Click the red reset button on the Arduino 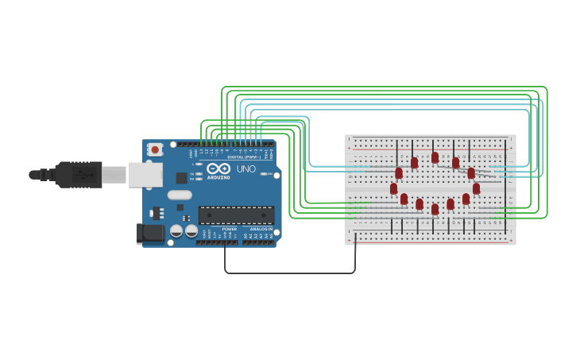pyautogui.click(x=155, y=149)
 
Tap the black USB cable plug pyautogui.click(x=78, y=174)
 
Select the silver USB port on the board pyautogui.click(x=145, y=175)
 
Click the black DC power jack pyautogui.click(x=150, y=233)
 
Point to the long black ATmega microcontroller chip pyautogui.click(x=236, y=215)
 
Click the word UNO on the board pyautogui.click(x=246, y=169)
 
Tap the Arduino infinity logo pyautogui.click(x=218, y=168)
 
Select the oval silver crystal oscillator pyautogui.click(x=180, y=195)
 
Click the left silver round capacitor pyautogui.click(x=176, y=231)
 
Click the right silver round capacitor pyautogui.click(x=191, y=231)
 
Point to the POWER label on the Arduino pyautogui.click(x=229, y=229)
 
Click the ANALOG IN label pyautogui.click(x=261, y=229)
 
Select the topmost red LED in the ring pyautogui.click(x=435, y=157)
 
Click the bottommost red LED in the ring pyautogui.click(x=435, y=209)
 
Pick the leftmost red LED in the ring pyautogui.click(x=393, y=188)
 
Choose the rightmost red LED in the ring pyautogui.click(x=476, y=188)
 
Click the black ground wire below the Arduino pyautogui.click(x=290, y=273)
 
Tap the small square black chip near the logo pyautogui.click(x=182, y=178)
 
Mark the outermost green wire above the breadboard pyautogui.click(x=381, y=87)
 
